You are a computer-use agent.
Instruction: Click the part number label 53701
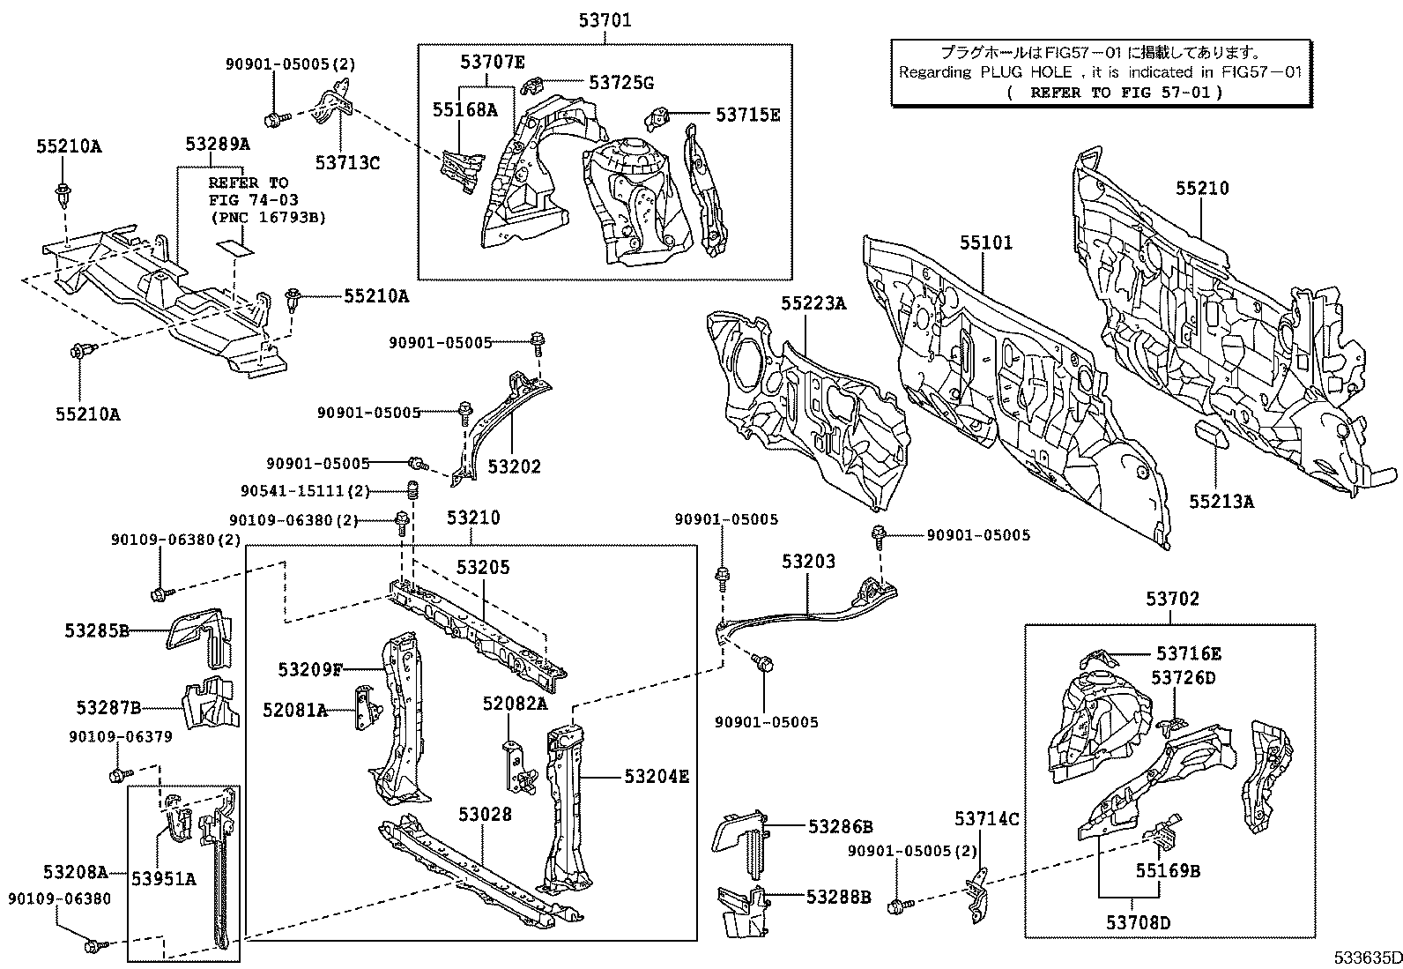tap(605, 20)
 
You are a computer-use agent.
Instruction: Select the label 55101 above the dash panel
tap(985, 242)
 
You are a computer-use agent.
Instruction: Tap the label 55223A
tap(812, 303)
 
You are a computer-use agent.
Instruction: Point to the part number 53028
tap(484, 814)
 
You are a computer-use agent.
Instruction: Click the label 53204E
tap(656, 776)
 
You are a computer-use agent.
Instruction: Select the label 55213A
tap(1221, 502)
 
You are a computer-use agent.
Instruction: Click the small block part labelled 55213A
tap(1214, 432)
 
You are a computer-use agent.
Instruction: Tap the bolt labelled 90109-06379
tap(117, 774)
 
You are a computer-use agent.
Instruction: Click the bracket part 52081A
tap(362, 709)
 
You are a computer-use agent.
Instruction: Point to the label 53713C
tap(347, 162)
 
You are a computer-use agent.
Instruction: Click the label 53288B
tap(838, 897)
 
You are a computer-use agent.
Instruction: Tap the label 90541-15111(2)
tap(305, 491)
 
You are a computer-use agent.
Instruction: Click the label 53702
tap(1172, 600)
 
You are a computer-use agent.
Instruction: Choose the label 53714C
tap(986, 819)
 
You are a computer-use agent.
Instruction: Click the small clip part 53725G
tap(533, 86)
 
